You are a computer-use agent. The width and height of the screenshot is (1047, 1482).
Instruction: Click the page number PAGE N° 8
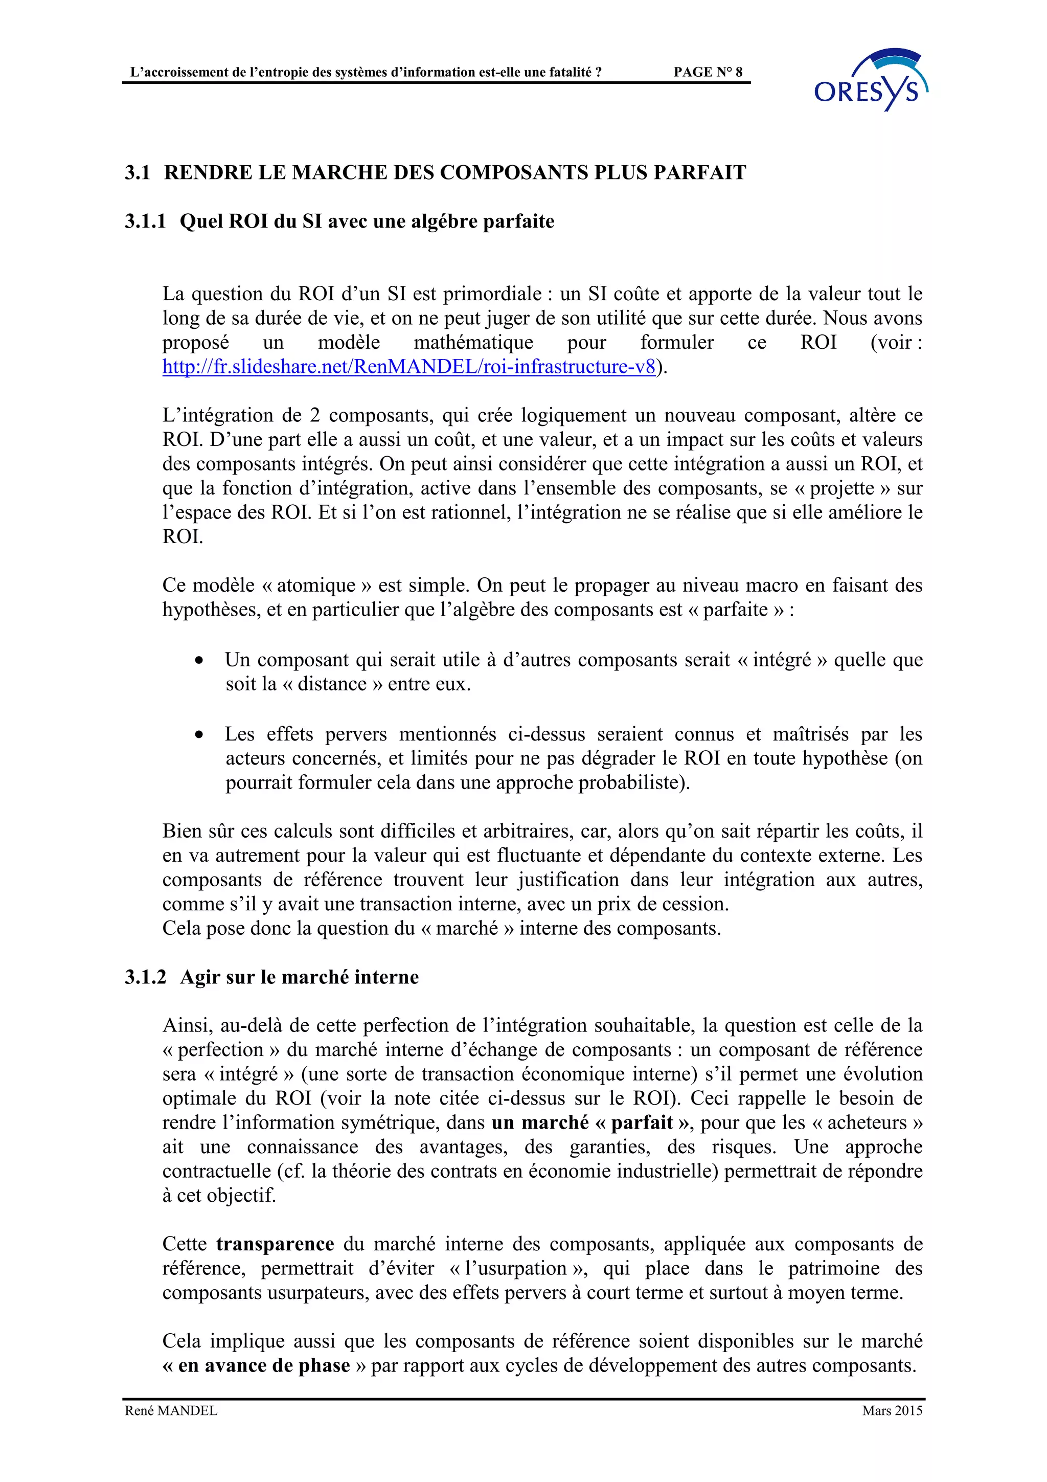click(708, 72)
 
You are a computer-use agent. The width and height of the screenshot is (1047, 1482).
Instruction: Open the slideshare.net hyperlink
click(408, 367)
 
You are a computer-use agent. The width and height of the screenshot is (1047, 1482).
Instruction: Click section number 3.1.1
click(145, 221)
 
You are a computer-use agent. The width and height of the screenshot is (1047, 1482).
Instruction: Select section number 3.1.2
click(145, 977)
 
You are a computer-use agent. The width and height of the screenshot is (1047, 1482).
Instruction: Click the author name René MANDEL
click(171, 1411)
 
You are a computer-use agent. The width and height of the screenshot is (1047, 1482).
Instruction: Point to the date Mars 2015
click(892, 1411)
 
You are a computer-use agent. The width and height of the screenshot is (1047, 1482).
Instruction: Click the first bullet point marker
click(200, 660)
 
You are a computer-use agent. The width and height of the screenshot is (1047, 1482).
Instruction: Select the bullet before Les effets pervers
click(200, 734)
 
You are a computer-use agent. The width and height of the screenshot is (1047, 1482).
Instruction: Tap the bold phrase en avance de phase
click(264, 1366)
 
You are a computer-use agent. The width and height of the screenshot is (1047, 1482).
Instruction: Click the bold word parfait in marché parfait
click(642, 1122)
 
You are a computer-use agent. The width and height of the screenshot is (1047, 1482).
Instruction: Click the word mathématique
click(473, 342)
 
